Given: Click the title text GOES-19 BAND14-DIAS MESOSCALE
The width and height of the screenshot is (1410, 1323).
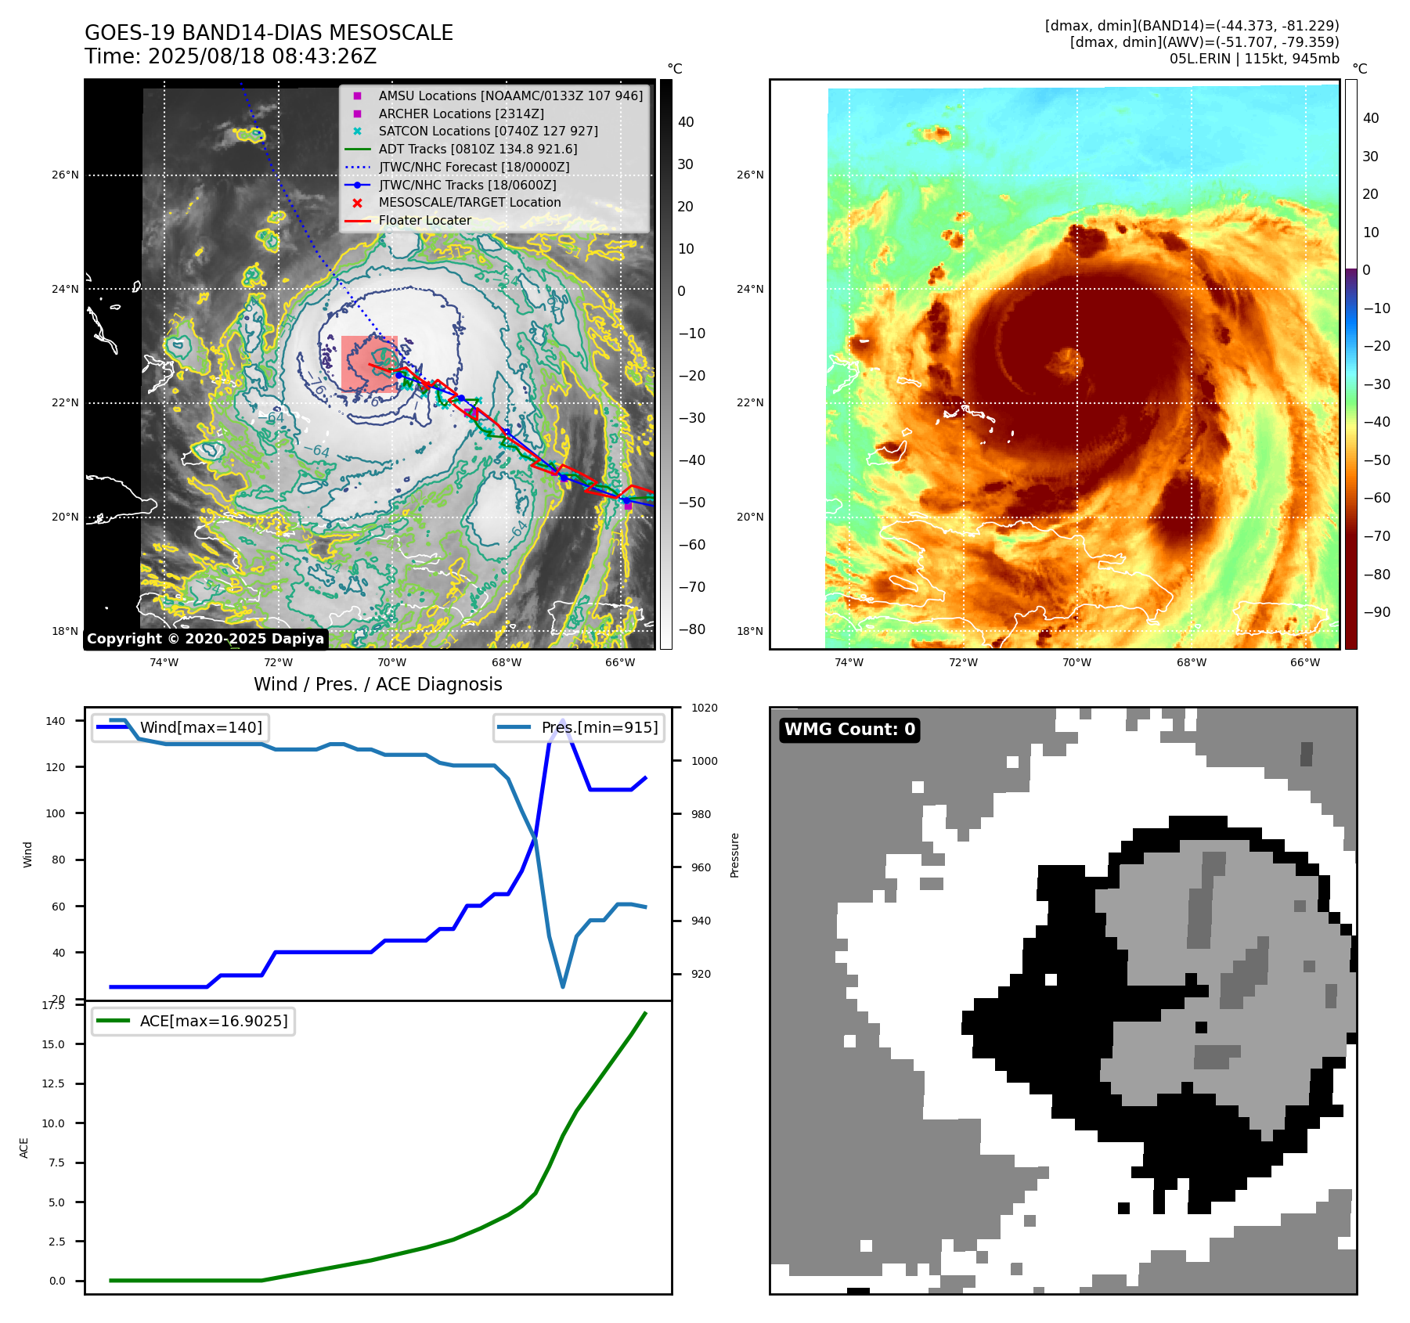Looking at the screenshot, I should pos(269,33).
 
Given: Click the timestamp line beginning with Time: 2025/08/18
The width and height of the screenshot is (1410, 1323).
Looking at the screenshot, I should pos(230,56).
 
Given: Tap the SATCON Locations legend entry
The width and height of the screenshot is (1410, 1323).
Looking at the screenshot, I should pos(488,131).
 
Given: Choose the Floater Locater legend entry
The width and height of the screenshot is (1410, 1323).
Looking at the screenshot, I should pos(424,221).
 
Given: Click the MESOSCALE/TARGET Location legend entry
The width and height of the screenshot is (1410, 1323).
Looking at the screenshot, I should pos(470,203).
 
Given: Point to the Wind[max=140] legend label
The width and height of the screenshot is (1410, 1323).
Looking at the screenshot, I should pos(200,727).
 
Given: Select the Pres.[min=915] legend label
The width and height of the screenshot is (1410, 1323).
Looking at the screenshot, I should pos(600,727).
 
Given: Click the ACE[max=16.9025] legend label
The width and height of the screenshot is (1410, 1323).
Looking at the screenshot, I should pos(213,1021).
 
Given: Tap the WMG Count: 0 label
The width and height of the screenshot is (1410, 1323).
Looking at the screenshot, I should pos(849,730).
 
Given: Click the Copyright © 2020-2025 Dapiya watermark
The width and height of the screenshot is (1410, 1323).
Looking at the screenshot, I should pos(205,639).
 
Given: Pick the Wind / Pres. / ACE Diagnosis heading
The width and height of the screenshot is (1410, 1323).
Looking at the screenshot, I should pos(377,684).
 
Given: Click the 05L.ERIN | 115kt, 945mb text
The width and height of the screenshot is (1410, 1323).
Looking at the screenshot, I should pos(1254,59).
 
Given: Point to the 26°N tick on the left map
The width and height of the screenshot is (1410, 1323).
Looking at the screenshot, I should pos(66,175).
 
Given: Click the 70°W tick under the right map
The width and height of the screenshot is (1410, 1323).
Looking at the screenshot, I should pos(1076,662).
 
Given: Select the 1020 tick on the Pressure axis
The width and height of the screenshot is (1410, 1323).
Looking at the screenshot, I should pos(704,708).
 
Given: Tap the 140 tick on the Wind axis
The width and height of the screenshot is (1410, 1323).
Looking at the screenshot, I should pos(56,721).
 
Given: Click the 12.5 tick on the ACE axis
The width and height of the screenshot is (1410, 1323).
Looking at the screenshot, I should pos(53,1083).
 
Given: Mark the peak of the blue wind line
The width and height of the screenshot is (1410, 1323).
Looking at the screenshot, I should pos(562,721).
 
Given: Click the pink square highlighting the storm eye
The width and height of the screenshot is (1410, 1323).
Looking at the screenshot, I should pos(369,363).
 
